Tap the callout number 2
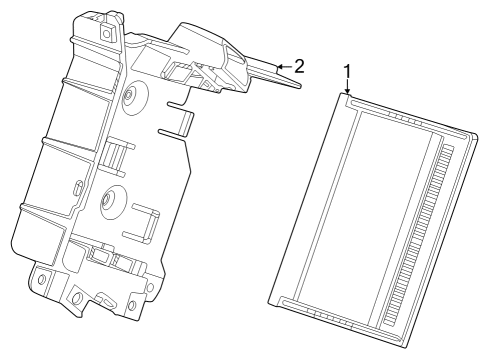coord(298,66)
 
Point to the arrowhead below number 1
coord(347,94)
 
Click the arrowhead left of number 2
coord(279,66)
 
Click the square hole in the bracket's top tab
coord(105,30)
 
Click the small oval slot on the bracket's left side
coord(77,188)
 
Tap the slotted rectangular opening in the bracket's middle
coord(116,155)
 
